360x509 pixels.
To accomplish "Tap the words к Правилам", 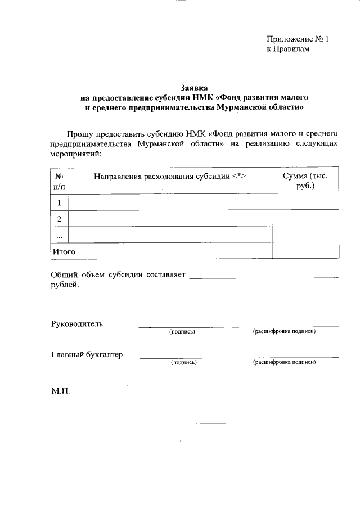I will coord(288,49).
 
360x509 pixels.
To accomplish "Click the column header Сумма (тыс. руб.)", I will coord(305,181).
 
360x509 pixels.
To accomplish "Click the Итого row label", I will coord(64,251).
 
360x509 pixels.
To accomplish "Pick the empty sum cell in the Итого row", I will coord(305,251).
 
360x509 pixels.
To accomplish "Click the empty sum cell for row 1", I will coord(305,202).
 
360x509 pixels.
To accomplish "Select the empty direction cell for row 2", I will coord(170,219).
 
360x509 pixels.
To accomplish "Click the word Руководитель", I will coord(77,324).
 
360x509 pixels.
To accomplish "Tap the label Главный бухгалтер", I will coord(87,355).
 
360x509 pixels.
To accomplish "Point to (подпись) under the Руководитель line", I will coord(182,332).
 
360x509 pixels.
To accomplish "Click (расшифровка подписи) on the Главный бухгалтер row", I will coord(284,362).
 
